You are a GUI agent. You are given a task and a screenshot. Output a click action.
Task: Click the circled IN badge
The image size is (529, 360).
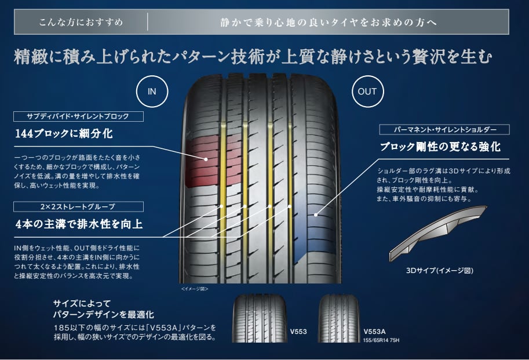pyautogui.click(x=152, y=92)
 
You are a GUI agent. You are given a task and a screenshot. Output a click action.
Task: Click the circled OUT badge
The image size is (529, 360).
pyautogui.click(x=367, y=92)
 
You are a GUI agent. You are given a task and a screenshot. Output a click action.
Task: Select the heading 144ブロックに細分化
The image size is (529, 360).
pyautogui.click(x=64, y=134)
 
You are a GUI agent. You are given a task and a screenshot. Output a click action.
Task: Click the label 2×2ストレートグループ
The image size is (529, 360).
pyautogui.click(x=80, y=206)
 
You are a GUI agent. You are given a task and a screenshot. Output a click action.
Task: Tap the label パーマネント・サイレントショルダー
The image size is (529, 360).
pyautogui.click(x=444, y=129)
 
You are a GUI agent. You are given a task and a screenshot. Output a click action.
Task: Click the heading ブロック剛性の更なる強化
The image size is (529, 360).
pyautogui.click(x=440, y=147)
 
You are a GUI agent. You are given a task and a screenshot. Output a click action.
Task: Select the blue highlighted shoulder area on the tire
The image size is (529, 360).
pyautogui.click(x=310, y=226)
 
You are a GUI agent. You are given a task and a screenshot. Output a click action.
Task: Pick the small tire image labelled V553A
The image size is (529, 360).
pyautogui.click(x=338, y=318)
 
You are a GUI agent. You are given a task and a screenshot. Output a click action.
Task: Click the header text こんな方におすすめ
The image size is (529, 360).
pyautogui.click(x=81, y=23)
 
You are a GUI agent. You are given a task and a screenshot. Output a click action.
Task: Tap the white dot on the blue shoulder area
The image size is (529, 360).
pyautogui.click(x=315, y=215)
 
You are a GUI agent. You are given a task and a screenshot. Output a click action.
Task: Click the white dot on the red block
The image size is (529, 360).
pyautogui.click(x=205, y=158)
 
